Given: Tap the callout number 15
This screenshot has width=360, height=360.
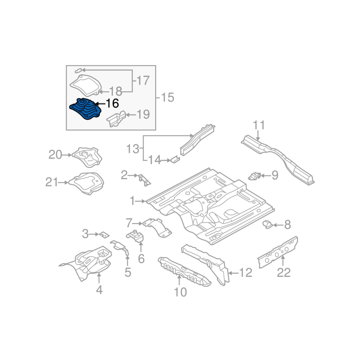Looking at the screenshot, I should [x=167, y=97].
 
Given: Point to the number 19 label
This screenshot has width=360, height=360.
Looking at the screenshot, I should [x=143, y=115].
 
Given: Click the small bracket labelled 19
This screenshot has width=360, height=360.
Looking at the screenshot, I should [x=116, y=119].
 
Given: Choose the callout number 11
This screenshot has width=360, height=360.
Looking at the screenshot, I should [x=259, y=125].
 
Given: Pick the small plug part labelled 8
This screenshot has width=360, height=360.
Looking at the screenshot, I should [x=268, y=224].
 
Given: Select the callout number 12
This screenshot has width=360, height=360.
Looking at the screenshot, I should [x=246, y=272].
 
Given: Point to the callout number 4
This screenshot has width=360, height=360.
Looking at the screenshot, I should [x=99, y=290].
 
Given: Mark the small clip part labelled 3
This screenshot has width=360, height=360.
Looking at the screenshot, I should [x=104, y=234].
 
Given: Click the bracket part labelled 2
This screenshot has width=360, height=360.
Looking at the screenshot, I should [x=144, y=179].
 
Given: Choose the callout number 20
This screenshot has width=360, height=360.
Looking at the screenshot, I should [x=55, y=155].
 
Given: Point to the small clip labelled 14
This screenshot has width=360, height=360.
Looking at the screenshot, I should [x=174, y=159].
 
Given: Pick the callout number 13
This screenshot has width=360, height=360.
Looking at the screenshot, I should [x=133, y=148].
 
